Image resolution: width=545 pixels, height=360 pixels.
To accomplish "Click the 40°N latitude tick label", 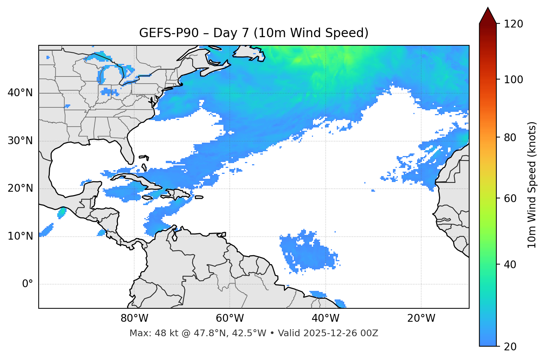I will (x=20, y=93).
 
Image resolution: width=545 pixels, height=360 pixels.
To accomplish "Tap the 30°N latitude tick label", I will (x=20, y=141).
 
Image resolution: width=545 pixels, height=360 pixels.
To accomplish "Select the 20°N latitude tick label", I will (x=20, y=188).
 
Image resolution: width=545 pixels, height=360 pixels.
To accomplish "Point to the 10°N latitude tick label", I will (x=20, y=236).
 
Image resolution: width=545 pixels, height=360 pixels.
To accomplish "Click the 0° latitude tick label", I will (x=28, y=284).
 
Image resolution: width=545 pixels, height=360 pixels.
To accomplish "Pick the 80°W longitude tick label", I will (x=134, y=318).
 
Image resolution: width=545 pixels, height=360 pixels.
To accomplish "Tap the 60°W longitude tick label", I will (x=230, y=318).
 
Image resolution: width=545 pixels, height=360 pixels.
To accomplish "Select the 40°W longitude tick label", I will (x=325, y=318).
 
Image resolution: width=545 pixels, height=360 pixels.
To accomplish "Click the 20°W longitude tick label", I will (x=421, y=318).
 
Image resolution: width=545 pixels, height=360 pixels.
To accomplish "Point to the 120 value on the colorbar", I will (x=513, y=24).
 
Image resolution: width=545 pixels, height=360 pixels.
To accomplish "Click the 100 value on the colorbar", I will (x=513, y=80).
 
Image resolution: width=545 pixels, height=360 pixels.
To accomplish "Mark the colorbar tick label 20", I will (x=510, y=347).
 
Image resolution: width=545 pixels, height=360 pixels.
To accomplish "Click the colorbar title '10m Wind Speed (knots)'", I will (x=532, y=185).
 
